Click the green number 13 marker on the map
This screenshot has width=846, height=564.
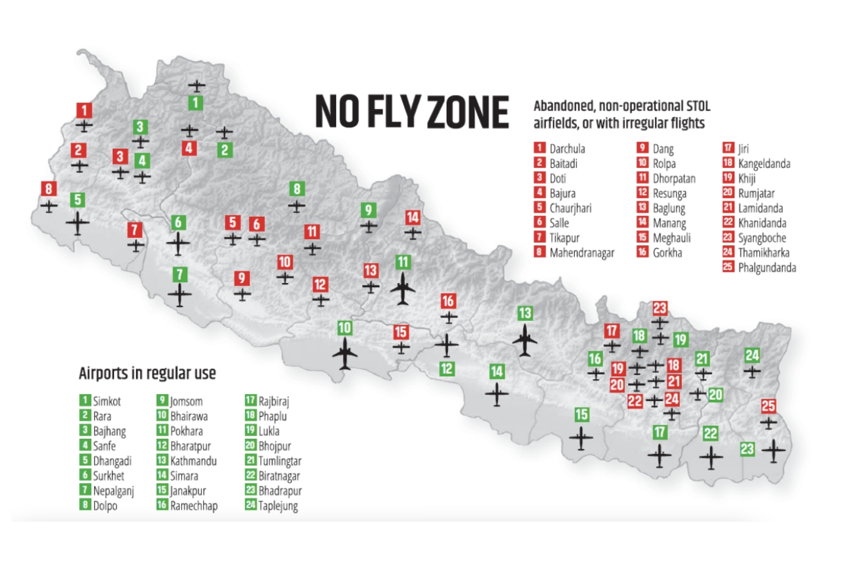(525, 313)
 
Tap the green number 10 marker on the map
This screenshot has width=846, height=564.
(345, 328)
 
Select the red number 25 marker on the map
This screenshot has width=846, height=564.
(768, 406)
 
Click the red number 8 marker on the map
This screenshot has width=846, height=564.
(49, 189)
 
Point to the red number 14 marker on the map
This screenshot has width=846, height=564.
(413, 217)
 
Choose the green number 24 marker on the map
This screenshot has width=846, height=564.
(752, 355)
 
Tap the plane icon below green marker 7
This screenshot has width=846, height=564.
(180, 295)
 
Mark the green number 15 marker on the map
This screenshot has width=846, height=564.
(581, 415)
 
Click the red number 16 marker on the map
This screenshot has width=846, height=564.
(448, 301)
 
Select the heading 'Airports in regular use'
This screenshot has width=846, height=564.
(147, 373)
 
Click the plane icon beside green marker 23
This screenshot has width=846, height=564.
(773, 451)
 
